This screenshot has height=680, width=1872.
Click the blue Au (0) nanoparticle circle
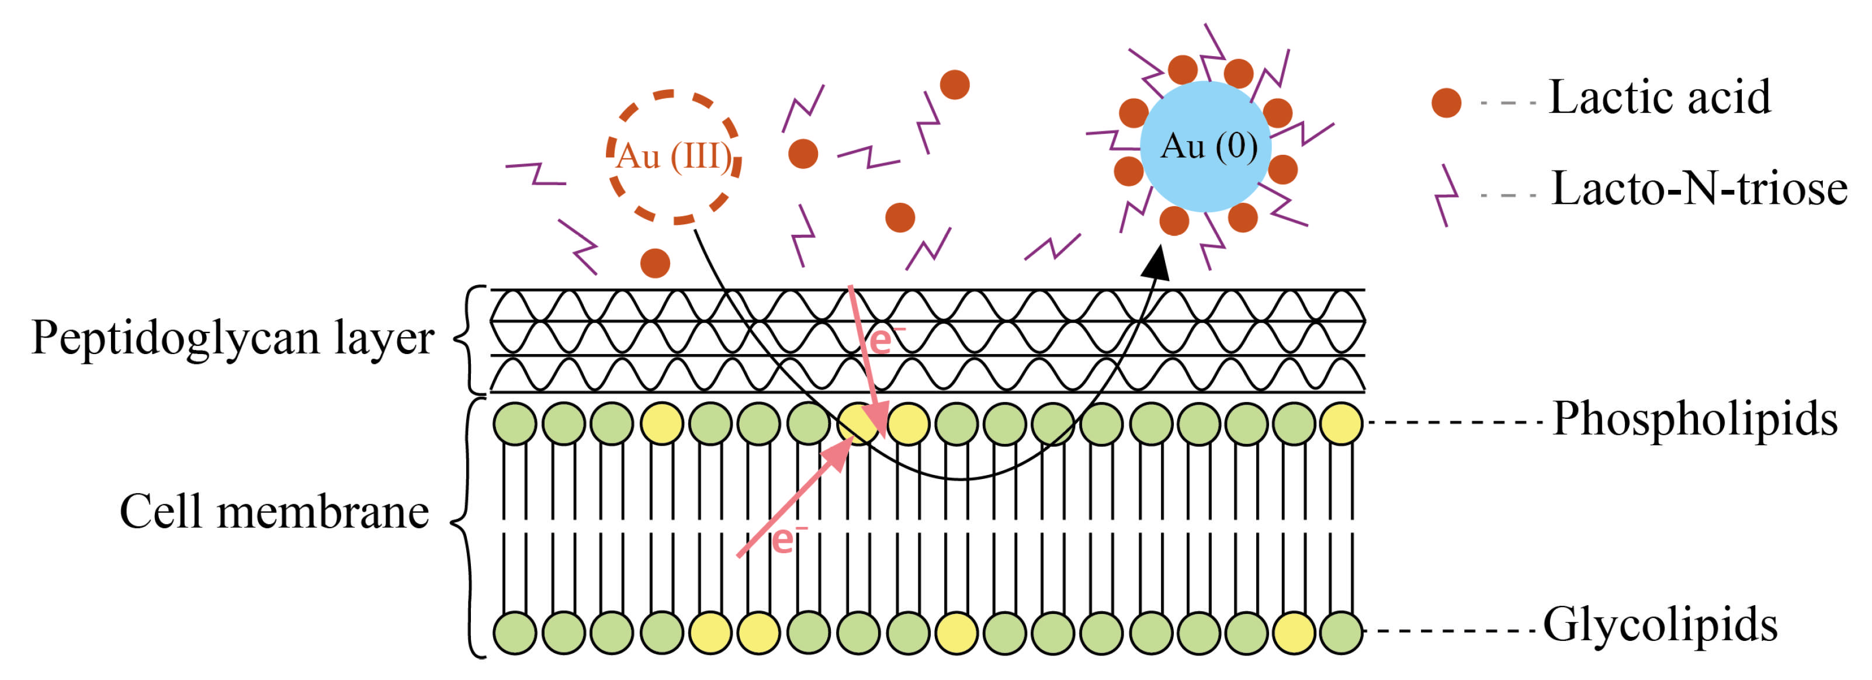tap(1205, 146)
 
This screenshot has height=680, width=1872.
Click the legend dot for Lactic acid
tap(1446, 102)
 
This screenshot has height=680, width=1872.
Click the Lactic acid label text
tap(1660, 98)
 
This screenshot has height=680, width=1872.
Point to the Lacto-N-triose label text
tap(1699, 189)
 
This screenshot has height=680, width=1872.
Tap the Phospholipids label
tap(1696, 420)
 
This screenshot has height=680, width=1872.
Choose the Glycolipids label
tap(1660, 625)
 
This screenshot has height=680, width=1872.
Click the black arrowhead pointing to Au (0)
tap(1156, 263)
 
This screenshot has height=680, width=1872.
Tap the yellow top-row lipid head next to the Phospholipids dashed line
tap(1341, 423)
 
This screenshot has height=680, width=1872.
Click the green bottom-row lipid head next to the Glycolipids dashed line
tap(1341, 632)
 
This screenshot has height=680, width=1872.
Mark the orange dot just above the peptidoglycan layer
tap(655, 263)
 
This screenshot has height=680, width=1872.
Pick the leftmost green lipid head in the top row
tap(515, 423)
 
